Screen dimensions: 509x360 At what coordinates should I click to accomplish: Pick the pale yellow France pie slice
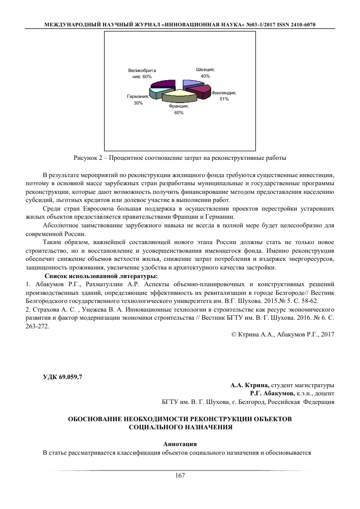tap(179, 94)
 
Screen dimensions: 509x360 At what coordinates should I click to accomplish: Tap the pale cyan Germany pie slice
tap(158, 92)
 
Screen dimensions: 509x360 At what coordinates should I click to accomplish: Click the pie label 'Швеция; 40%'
tap(205, 72)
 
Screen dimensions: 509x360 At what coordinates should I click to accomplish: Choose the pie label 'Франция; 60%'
tap(179, 109)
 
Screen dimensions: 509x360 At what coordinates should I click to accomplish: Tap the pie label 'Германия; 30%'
tap(138, 99)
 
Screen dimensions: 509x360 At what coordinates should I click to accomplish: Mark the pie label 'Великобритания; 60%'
tap(142, 73)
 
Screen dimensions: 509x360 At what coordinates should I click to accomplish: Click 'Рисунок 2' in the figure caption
tap(87, 156)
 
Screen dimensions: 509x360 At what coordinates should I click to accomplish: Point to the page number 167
tap(180, 475)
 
